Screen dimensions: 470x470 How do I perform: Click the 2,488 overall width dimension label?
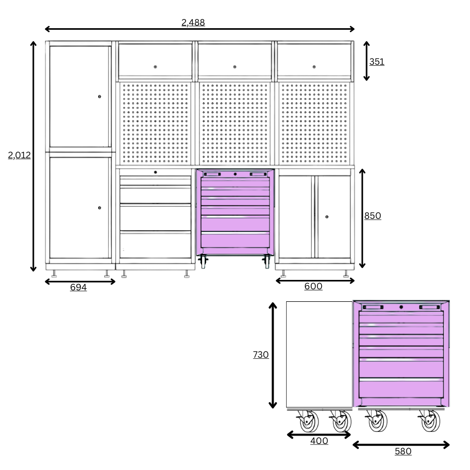click(193, 22)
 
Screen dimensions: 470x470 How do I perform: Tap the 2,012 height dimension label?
click(19, 155)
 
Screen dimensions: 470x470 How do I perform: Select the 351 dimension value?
click(377, 62)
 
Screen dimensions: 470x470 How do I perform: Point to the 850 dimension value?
click(372, 216)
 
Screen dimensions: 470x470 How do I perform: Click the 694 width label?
click(78, 287)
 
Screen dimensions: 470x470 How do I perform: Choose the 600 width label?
click(313, 286)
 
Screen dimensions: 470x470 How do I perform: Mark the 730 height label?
click(261, 355)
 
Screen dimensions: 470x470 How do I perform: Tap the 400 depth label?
click(319, 441)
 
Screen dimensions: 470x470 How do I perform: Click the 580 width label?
click(403, 451)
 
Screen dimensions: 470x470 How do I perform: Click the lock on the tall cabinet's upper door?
click(100, 97)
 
